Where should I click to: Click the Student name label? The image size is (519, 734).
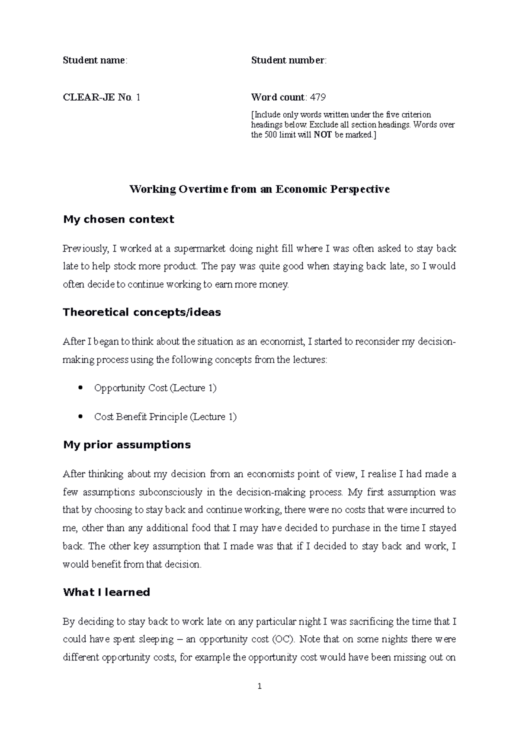pos(94,60)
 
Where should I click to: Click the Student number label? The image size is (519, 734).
pos(288,60)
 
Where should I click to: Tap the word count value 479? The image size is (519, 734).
pos(317,97)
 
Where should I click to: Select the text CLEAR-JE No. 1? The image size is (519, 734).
pos(101,97)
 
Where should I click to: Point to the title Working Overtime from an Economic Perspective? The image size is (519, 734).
pos(259,189)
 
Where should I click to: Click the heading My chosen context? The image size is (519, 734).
pos(119,220)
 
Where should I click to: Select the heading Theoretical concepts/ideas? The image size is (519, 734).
pos(142,312)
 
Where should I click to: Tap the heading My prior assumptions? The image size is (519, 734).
pos(127,445)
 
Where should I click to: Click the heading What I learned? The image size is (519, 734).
pos(106,592)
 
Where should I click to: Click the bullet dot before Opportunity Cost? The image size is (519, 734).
pos(80,388)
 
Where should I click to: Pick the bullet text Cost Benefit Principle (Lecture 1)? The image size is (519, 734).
pos(165,417)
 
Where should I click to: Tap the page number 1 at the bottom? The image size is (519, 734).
pos(259,686)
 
